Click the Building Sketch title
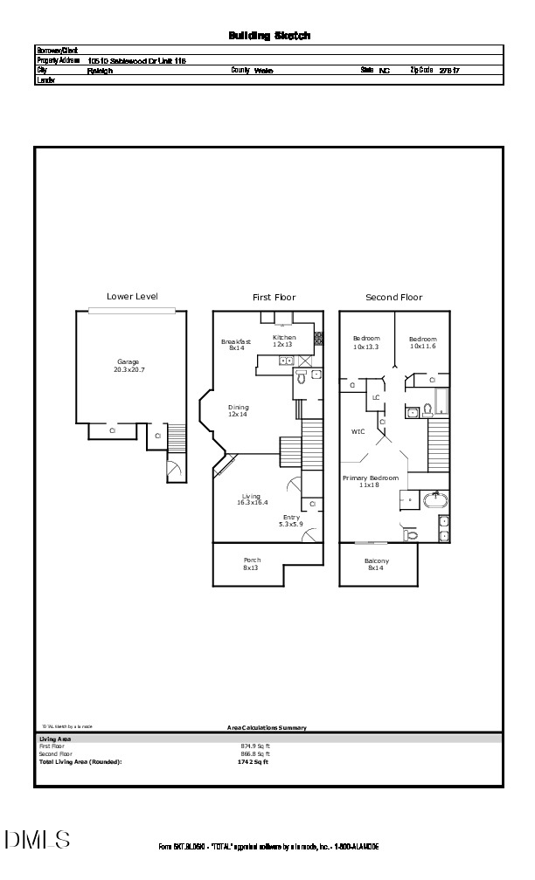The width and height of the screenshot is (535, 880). [269, 36]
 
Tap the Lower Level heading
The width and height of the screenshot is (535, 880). [132, 297]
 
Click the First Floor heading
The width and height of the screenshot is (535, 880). [274, 298]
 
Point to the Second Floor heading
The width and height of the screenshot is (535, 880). [393, 298]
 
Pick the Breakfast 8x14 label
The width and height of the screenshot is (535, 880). [236, 345]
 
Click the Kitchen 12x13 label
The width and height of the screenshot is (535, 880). [284, 341]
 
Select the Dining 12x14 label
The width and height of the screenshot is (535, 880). [239, 411]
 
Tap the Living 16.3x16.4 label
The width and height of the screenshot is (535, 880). [252, 500]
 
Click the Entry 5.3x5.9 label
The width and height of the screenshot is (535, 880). [290, 521]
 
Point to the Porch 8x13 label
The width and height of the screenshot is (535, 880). [252, 564]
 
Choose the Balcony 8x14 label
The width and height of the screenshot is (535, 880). [378, 564]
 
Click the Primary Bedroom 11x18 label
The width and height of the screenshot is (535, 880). [371, 481]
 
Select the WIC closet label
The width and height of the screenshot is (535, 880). [358, 431]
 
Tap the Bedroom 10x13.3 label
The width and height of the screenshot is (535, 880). [366, 343]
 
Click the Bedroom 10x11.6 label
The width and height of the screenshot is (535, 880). [423, 343]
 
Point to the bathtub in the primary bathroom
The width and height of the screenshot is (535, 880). [435, 500]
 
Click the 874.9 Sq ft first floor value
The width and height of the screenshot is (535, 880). [255, 746]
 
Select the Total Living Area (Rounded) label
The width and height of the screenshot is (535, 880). [80, 762]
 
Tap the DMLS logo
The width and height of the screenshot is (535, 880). [37, 840]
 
